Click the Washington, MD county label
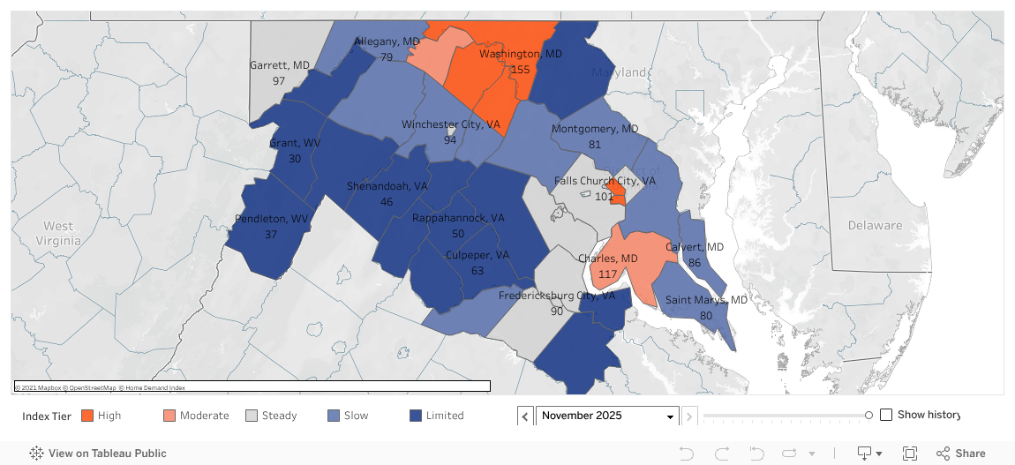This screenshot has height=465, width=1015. point(520,54)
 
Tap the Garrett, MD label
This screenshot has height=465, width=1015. point(279,65)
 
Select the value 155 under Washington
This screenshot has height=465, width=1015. point(520,70)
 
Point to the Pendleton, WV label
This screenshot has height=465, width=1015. point(271,219)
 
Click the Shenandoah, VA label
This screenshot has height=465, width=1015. point(387,186)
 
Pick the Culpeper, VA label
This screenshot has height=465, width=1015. point(477,255)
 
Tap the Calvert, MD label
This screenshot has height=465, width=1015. point(695,247)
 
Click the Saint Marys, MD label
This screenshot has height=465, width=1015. point(705,300)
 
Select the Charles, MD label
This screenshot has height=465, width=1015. point(607,259)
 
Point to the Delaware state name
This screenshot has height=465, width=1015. point(875,225)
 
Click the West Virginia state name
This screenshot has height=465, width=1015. point(59,233)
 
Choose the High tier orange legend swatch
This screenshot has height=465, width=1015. point(87,416)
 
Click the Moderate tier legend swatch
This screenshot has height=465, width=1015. point(169,416)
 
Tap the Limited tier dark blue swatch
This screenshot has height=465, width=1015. point(417,416)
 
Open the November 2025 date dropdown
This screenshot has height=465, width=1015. point(607,416)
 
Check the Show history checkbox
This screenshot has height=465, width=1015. point(886,415)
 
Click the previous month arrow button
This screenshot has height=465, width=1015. point(525,416)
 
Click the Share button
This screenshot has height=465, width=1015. point(961,454)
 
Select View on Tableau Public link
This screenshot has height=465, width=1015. point(98,454)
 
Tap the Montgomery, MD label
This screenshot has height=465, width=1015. point(594,130)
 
